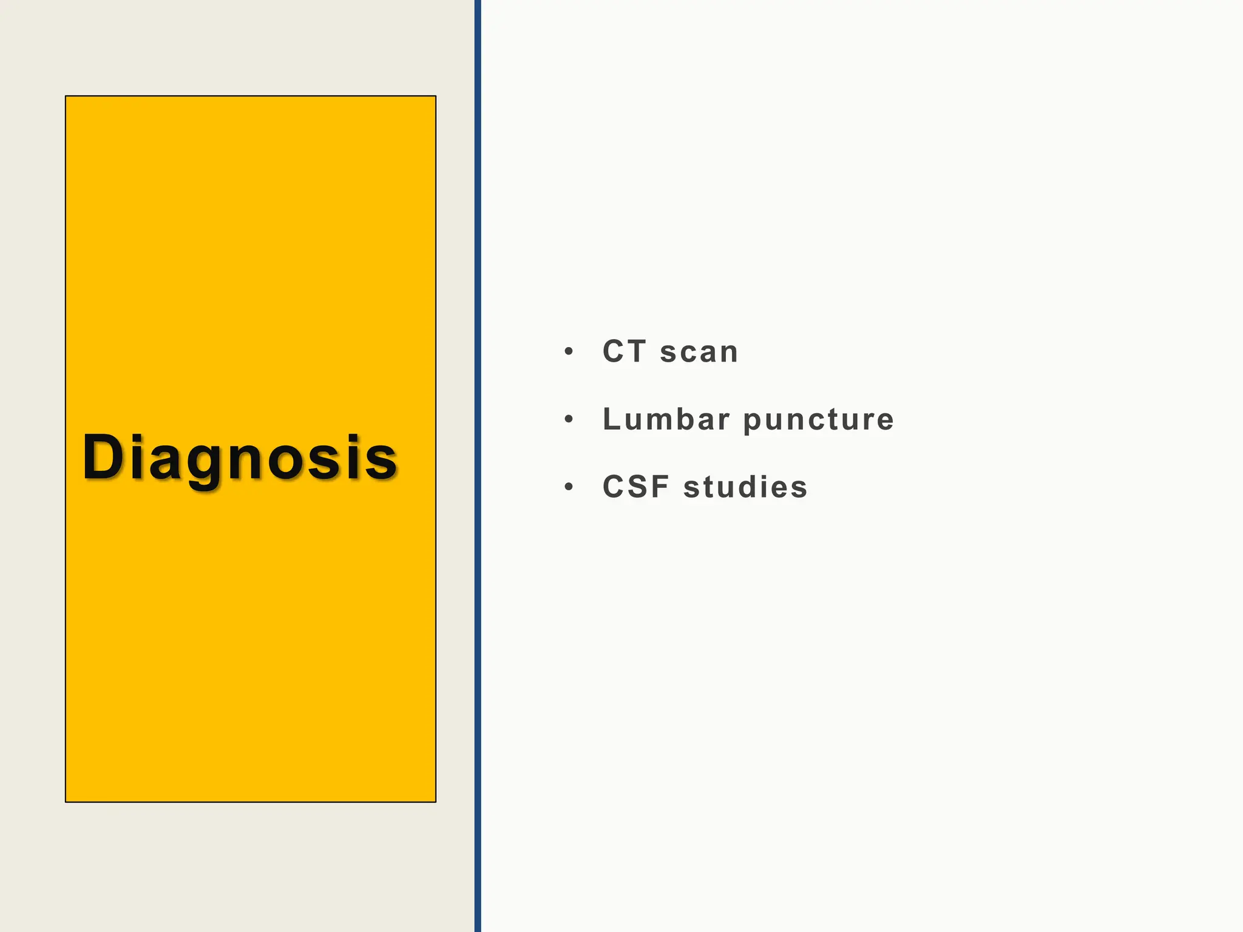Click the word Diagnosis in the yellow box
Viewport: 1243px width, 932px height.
pyautogui.click(x=240, y=458)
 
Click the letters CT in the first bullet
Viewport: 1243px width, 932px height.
pyautogui.click(x=624, y=351)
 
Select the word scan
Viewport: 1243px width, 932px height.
pyautogui.click(x=699, y=353)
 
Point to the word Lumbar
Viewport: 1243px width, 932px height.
pyautogui.click(x=666, y=419)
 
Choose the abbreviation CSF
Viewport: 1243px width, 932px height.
pyautogui.click(x=636, y=487)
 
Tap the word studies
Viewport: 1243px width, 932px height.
pyautogui.click(x=745, y=487)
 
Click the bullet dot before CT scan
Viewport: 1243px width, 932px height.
pyautogui.click(x=568, y=352)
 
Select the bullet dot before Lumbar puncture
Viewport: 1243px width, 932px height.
pyautogui.click(x=568, y=419)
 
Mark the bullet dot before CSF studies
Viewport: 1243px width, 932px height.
pyautogui.click(x=568, y=487)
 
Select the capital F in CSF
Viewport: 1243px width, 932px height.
pyautogui.click(x=661, y=487)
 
